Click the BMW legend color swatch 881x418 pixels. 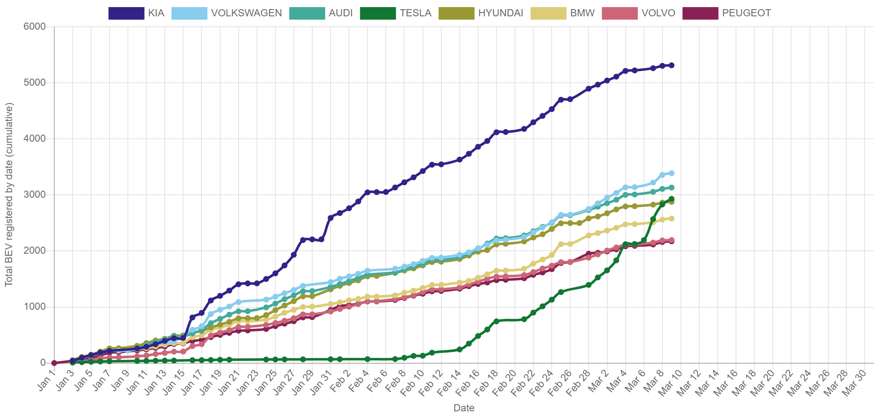[548, 13]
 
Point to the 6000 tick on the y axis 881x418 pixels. [35, 26]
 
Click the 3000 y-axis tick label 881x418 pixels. [35, 194]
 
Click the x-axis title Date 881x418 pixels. [463, 408]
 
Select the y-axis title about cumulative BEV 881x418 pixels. [9, 194]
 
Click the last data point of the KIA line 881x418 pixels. [672, 65]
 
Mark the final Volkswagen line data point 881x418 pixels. [672, 173]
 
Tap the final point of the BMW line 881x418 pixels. [672, 218]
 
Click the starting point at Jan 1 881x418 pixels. [54, 363]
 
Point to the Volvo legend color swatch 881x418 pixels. [620, 13]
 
